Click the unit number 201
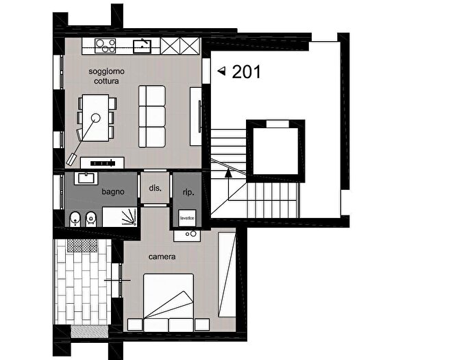(246, 72)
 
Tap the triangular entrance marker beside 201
(221, 71)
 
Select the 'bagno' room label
(113, 192)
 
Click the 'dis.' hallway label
(156, 189)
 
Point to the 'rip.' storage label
(188, 192)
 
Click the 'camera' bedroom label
(162, 256)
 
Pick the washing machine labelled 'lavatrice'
(187, 218)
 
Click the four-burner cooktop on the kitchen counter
(106, 46)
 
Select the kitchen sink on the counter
(143, 46)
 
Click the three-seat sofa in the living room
(152, 117)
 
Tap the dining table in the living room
(96, 118)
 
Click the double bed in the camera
(168, 302)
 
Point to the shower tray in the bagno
(120, 217)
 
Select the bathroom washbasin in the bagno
(86, 178)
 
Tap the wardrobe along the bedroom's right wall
(227, 274)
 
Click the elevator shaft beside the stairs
(275, 151)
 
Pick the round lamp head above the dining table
(96, 118)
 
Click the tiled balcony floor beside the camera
(82, 282)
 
